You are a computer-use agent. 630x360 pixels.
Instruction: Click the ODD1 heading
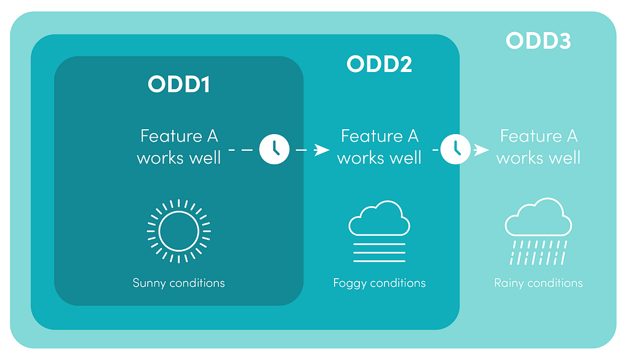pyautogui.click(x=179, y=84)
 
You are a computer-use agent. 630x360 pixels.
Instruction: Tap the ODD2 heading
pyautogui.click(x=379, y=64)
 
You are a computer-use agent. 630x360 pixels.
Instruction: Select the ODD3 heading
pyautogui.click(x=538, y=41)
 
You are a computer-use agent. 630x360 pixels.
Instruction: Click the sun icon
pyautogui.click(x=179, y=231)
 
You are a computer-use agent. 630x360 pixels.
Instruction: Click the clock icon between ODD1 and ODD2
pyautogui.click(x=274, y=150)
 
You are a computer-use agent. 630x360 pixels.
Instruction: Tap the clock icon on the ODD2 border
pyautogui.click(x=456, y=150)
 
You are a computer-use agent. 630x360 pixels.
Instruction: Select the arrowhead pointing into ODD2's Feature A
pyautogui.click(x=322, y=150)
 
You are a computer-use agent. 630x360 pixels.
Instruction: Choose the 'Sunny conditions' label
pyautogui.click(x=179, y=283)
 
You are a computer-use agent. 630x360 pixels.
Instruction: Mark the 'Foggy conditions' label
pyautogui.click(x=379, y=283)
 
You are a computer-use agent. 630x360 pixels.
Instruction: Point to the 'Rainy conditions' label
pyautogui.click(x=538, y=283)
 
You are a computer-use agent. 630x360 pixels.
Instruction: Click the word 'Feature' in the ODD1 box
pyautogui.click(x=171, y=136)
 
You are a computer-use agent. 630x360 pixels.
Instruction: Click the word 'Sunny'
pyautogui.click(x=149, y=283)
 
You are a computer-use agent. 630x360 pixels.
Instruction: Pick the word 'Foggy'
pyautogui.click(x=349, y=283)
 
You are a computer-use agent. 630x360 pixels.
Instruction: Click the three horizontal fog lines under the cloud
pyautogui.click(x=379, y=253)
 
